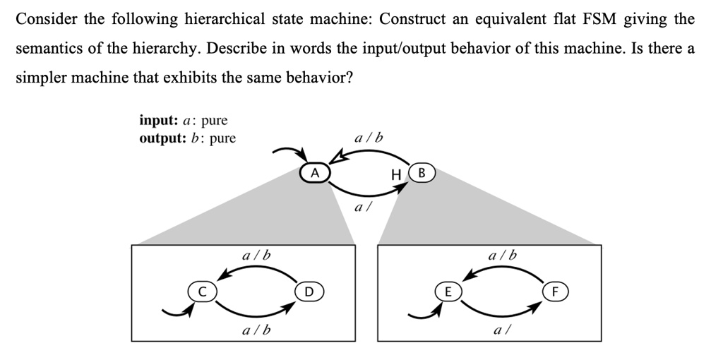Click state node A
tap(315, 172)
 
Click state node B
tap(422, 172)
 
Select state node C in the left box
tap(200, 291)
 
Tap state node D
tap(308, 291)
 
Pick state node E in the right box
tap(446, 291)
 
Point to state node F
tap(554, 291)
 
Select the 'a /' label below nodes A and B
tap(361, 208)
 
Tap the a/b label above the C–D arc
tap(256, 255)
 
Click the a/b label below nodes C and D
tap(256, 330)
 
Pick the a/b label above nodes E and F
tap(502, 255)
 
